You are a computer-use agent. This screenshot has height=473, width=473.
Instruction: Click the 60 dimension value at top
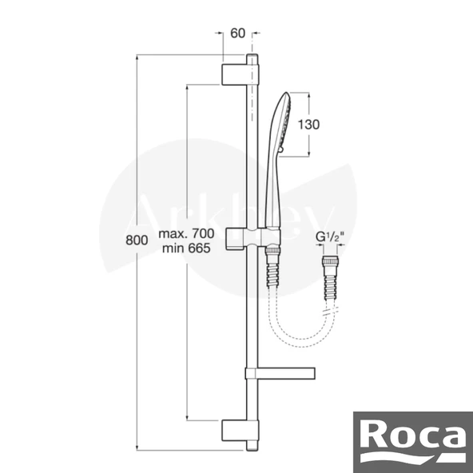(x=238, y=34)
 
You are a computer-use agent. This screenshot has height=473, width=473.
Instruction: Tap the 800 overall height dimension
(x=137, y=240)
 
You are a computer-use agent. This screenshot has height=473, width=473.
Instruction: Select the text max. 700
(x=186, y=233)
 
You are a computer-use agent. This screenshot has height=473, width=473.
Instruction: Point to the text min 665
(x=186, y=248)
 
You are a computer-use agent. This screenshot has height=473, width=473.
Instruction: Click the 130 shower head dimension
(x=308, y=125)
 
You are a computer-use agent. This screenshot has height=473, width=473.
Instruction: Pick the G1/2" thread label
(x=330, y=236)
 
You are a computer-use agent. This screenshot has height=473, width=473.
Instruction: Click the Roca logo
(x=413, y=442)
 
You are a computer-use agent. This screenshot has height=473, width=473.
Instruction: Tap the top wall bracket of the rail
(x=240, y=74)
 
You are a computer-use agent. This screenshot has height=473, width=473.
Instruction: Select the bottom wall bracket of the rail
(x=240, y=431)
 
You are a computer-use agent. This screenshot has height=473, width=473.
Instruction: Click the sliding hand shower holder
(x=252, y=239)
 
